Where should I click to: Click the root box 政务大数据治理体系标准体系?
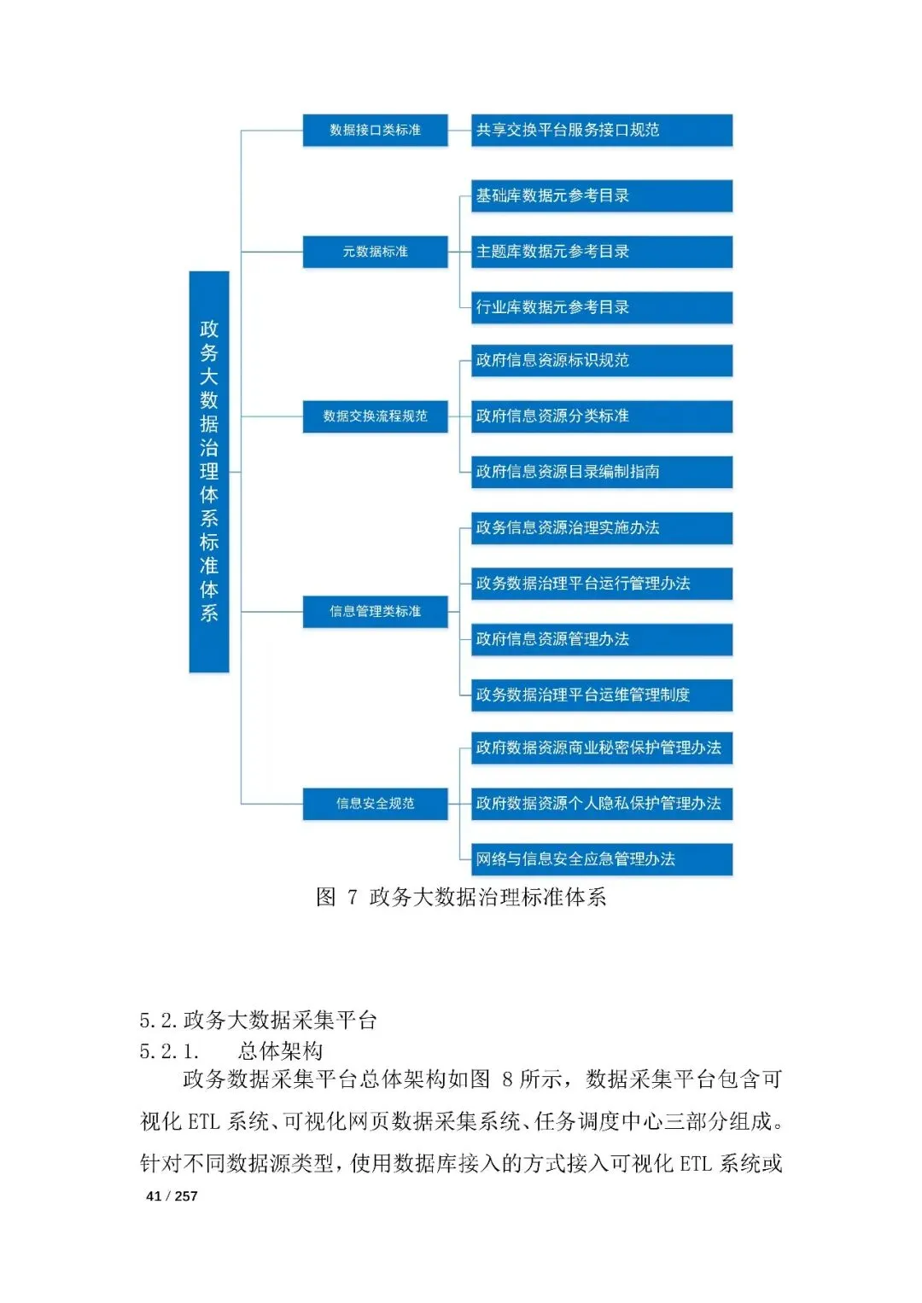pos(209,471)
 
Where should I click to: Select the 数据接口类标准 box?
pos(375,131)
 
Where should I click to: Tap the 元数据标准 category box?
pos(375,252)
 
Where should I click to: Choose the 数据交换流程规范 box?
pos(375,416)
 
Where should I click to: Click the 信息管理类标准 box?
pos(375,612)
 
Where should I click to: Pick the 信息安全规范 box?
pos(375,804)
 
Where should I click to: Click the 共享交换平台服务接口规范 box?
pos(602,131)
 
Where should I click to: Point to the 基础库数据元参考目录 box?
pos(602,196)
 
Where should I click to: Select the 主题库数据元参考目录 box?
pos(602,252)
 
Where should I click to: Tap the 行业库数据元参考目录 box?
pos(602,308)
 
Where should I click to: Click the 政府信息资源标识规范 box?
pos(602,361)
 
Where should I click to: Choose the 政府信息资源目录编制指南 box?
pos(602,472)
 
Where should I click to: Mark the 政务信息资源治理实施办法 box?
pos(602,528)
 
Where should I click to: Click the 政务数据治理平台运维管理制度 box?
pos(602,695)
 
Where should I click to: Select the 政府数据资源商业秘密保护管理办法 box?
pos(602,748)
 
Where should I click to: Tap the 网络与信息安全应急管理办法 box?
pos(602,859)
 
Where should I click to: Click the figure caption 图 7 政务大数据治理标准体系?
pos(461,898)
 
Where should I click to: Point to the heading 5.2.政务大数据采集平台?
pos(258,1021)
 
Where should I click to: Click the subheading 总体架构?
pos(280,1051)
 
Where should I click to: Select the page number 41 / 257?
pos(172,1196)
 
